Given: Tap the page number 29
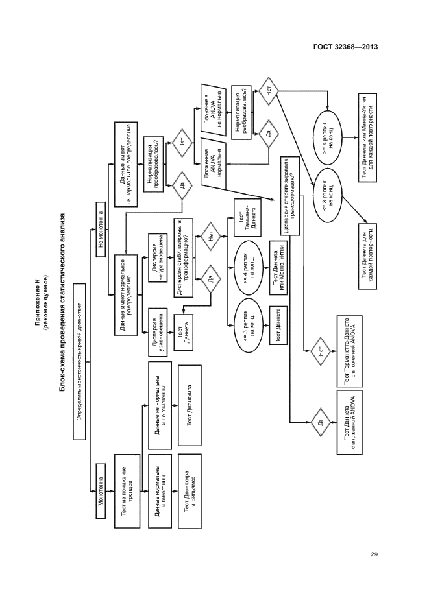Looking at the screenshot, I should click(374, 554).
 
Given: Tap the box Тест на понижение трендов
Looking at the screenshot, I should click(127, 491).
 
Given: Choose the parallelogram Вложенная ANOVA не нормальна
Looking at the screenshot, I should click(214, 106).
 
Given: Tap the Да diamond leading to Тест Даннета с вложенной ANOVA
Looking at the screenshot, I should click(319, 423).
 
